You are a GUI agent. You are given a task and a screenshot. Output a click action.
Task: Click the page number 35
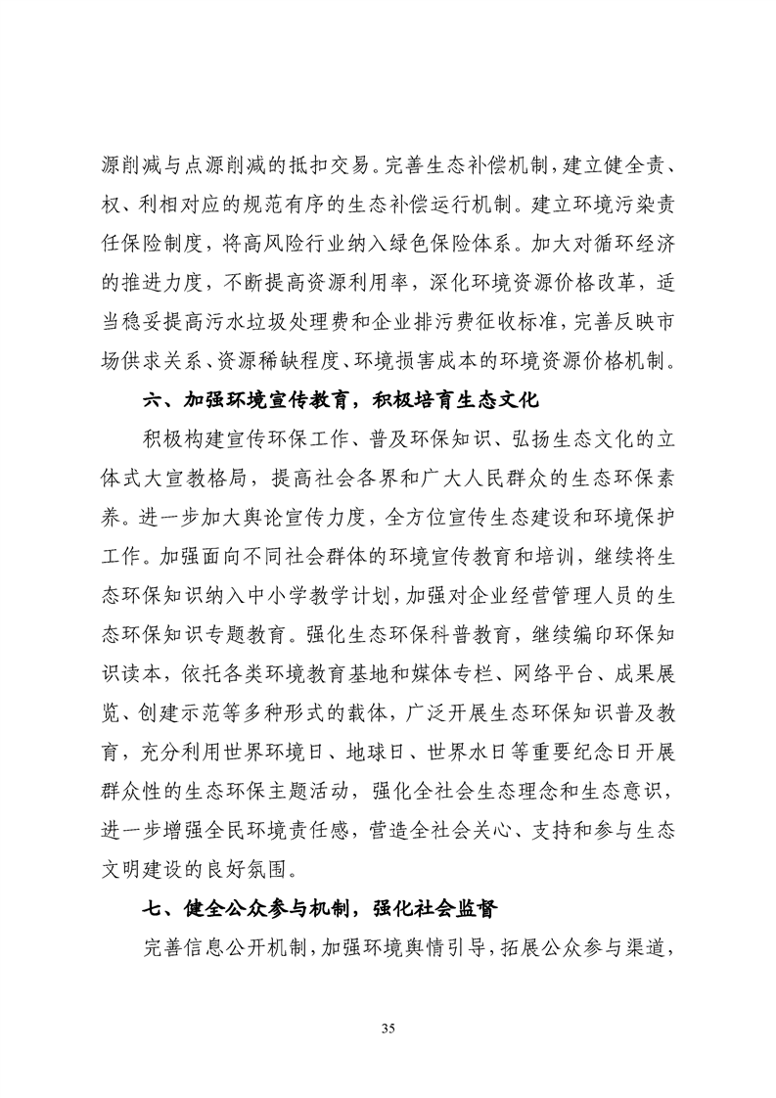coord(388,1028)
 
